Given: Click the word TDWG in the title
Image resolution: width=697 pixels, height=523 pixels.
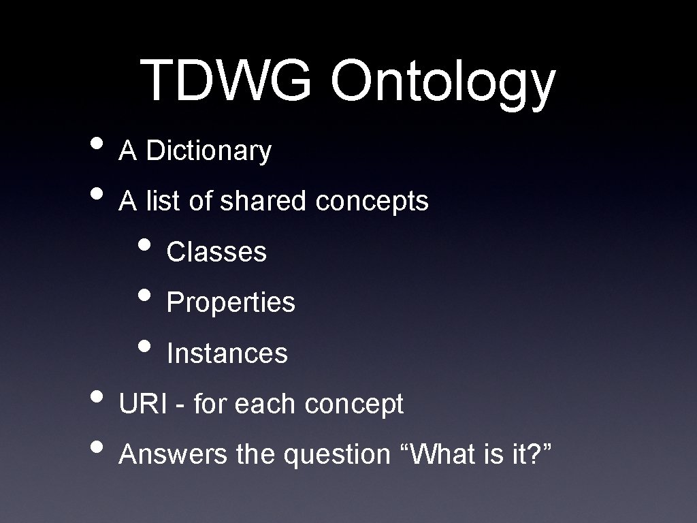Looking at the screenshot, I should click(x=228, y=80).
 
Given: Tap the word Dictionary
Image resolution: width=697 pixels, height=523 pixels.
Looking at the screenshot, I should click(x=209, y=151).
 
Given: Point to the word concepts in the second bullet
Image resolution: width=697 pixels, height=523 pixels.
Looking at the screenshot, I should click(x=372, y=202).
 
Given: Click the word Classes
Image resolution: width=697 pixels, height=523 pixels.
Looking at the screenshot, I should click(x=216, y=252).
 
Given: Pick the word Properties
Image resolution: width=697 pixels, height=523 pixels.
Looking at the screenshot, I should click(x=231, y=303).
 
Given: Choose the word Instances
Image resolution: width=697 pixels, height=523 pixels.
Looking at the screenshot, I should click(x=227, y=353).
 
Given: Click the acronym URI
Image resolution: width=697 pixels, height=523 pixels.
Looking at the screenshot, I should click(x=142, y=404).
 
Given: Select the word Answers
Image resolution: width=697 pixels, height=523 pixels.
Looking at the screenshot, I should click(x=173, y=455).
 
